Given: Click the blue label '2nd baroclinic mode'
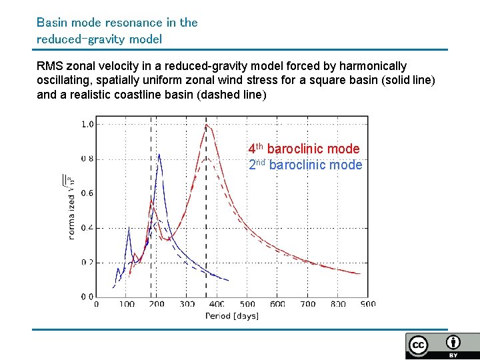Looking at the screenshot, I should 305,165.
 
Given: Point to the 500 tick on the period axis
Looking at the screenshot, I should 247,304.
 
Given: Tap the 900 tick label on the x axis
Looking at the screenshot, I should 367,304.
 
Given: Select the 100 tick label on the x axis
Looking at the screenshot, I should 127,304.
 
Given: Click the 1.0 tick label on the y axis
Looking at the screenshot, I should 87,124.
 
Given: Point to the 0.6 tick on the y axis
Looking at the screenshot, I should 87,193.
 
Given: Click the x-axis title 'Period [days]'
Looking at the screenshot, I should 231,315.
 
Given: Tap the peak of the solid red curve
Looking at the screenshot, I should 207,124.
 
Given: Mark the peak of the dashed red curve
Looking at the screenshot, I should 207,158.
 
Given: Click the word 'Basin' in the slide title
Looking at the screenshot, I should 51,22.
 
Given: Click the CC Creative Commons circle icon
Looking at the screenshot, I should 419,345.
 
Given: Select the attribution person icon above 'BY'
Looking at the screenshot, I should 453,343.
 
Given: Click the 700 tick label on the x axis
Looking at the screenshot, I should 307,304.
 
